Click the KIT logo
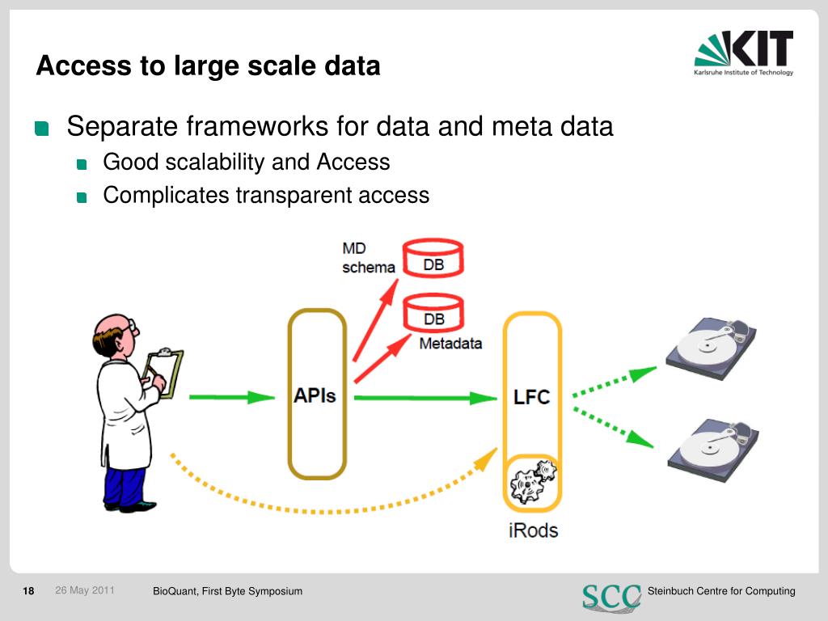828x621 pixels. click(x=744, y=53)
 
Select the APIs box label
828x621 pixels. click(x=315, y=396)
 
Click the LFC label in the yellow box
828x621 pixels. click(x=531, y=397)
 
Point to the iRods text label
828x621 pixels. click(x=532, y=530)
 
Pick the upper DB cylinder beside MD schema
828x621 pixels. click(x=433, y=257)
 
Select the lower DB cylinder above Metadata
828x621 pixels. click(x=433, y=314)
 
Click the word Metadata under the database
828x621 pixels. click(x=450, y=343)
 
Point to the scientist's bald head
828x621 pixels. click(x=113, y=332)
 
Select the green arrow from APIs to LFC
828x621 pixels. click(x=425, y=397)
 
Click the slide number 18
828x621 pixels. click(x=28, y=591)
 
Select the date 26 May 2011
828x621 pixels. click(x=85, y=590)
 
